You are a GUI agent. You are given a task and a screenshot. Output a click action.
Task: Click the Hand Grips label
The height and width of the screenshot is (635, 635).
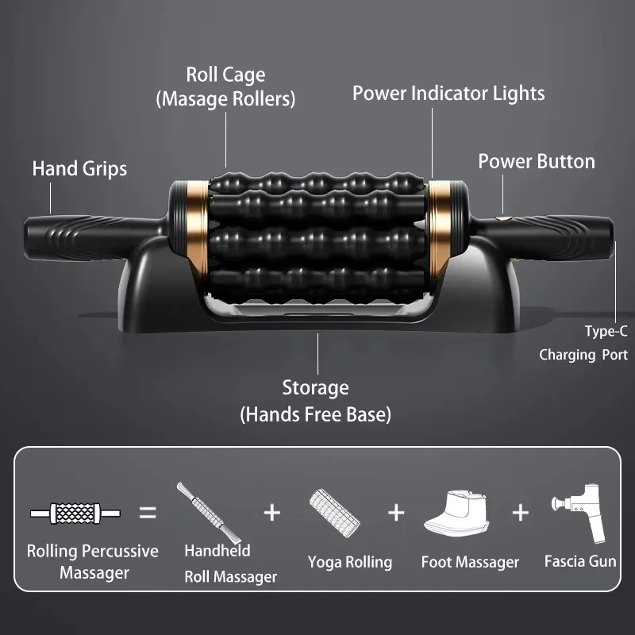[79, 168]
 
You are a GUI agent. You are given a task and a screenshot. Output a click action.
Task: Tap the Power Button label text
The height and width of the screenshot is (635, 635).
[536, 161]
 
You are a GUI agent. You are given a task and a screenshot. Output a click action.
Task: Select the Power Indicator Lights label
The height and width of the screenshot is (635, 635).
[448, 93]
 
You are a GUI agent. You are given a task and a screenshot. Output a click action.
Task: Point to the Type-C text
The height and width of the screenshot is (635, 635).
[606, 332]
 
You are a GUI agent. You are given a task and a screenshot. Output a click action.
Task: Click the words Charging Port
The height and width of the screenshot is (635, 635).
[583, 355]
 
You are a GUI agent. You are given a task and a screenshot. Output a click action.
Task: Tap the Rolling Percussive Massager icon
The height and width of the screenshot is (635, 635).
[75, 513]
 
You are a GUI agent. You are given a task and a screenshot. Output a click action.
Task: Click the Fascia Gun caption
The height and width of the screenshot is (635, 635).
[580, 561]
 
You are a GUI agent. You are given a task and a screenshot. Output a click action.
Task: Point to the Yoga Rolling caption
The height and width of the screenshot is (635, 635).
[349, 562]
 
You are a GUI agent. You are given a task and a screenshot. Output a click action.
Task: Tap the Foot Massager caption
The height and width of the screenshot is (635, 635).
[470, 562]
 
